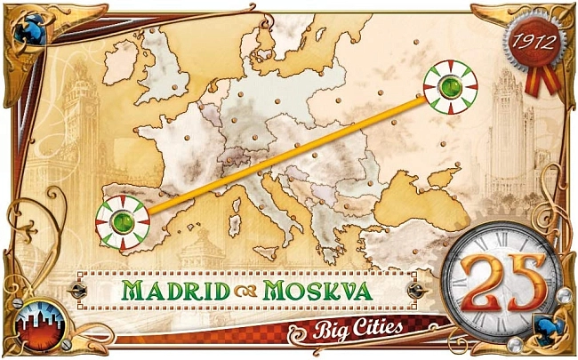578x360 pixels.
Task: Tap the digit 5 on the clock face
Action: click(x=525, y=281)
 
